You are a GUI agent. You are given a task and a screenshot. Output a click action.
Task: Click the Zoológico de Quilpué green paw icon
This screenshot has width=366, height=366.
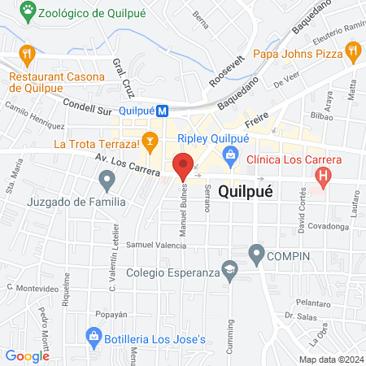(x=30, y=11)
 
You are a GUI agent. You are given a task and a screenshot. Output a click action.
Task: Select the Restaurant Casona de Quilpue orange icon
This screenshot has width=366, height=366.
(x=28, y=54)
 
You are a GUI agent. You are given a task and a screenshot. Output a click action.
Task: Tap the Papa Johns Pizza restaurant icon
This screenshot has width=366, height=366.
(x=352, y=54)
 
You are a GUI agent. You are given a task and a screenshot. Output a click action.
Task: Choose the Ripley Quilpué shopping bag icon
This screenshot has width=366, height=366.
(x=232, y=155)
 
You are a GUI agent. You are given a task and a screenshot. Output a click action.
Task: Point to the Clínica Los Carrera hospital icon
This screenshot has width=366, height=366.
(x=324, y=176)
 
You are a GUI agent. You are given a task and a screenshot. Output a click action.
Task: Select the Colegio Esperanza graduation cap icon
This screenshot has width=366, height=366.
(x=231, y=274)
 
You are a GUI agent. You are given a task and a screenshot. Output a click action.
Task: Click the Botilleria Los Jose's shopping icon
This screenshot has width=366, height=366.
(x=95, y=336)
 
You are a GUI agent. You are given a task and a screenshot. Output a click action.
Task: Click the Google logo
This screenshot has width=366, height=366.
(x=27, y=355)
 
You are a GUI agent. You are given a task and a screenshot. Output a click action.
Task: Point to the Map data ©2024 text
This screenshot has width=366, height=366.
(x=330, y=359)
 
